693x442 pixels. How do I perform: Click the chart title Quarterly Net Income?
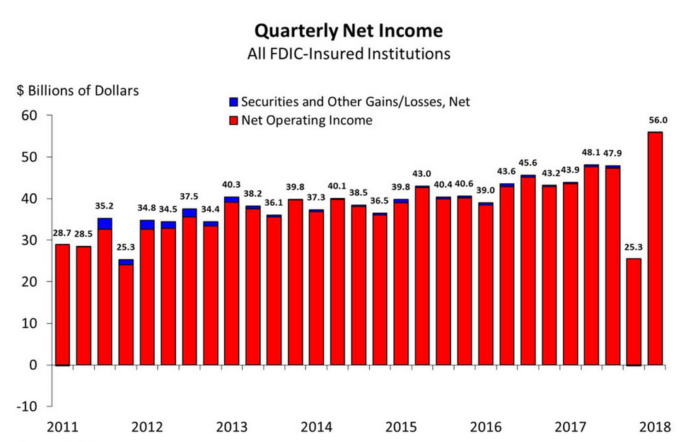coord(348,31)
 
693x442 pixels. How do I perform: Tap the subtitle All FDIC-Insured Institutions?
coord(348,54)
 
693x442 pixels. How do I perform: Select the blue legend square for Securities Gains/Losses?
coord(234,102)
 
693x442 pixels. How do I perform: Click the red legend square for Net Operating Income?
coord(234,120)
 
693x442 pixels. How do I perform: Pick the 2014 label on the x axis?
coord(316,428)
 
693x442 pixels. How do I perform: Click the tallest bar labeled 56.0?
coord(655,248)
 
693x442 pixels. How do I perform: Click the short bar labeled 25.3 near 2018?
coord(634,311)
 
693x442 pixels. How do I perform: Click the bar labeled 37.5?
coord(190,290)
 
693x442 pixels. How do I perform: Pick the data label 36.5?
coord(380,200)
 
